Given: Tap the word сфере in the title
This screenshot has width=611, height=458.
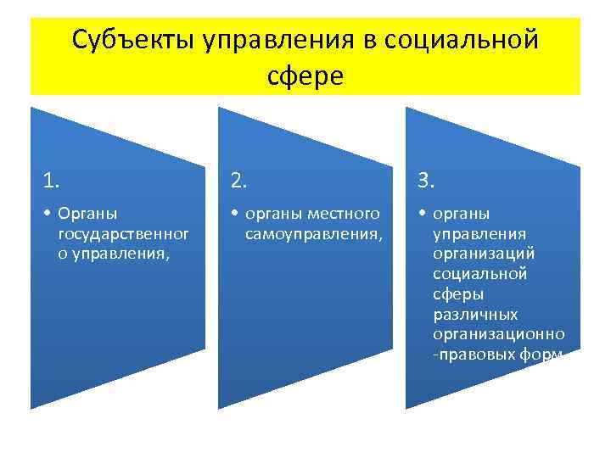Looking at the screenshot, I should coord(305,76).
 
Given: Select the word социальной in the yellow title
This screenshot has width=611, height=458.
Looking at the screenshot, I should coord(461,40).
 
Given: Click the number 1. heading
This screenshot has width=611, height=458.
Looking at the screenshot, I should coord(52,179).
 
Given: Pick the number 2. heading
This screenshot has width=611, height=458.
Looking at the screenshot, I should coord(239,179).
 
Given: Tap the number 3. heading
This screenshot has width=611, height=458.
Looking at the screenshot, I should coord(426,179).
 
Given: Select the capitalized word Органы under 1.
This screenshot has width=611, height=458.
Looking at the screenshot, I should coord(87,213).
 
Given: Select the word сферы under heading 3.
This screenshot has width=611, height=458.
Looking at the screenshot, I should coord(458,293).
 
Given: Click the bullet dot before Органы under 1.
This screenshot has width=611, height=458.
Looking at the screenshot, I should coord(48,214).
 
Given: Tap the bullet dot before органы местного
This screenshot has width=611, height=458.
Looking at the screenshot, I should coord(235,214).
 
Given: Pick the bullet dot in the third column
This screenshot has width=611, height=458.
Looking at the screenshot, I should coord(422,214).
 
